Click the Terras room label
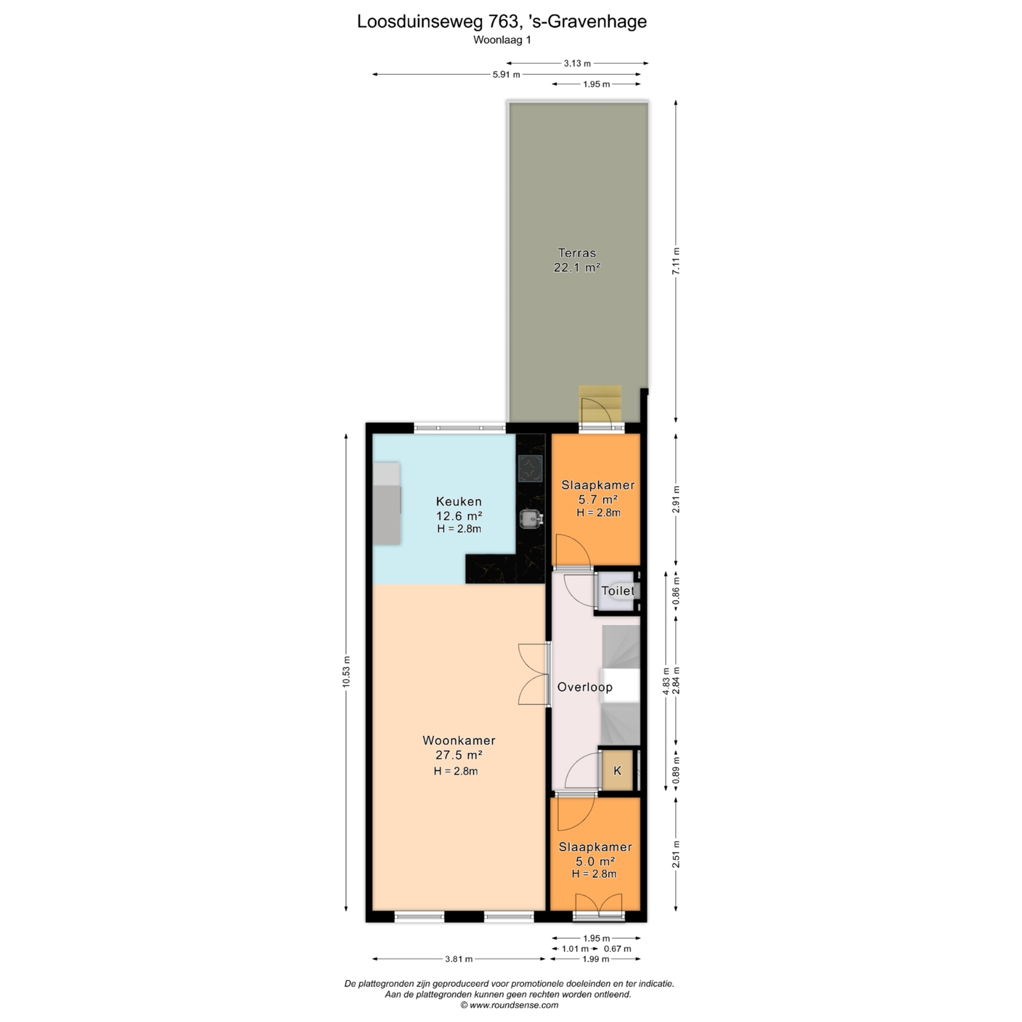coord(577,253)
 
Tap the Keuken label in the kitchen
coord(459,501)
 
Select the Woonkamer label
coord(459,740)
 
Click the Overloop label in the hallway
coord(584,687)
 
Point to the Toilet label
coord(618,591)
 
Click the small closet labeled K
coord(617,771)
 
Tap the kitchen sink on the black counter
coord(530,519)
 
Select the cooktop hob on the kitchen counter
coord(530,468)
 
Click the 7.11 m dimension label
coord(676,261)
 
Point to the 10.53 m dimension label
coord(346,672)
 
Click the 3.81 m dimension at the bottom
coord(459,959)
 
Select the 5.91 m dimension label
coord(506,75)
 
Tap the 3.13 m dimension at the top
coord(577,63)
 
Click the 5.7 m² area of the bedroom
coord(598,500)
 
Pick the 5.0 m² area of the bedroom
coord(595,862)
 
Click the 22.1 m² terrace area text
coord(577,268)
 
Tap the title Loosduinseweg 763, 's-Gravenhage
coord(502,22)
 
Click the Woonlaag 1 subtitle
coord(502,40)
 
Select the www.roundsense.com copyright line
coord(509,1005)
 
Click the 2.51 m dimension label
coord(676,854)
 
